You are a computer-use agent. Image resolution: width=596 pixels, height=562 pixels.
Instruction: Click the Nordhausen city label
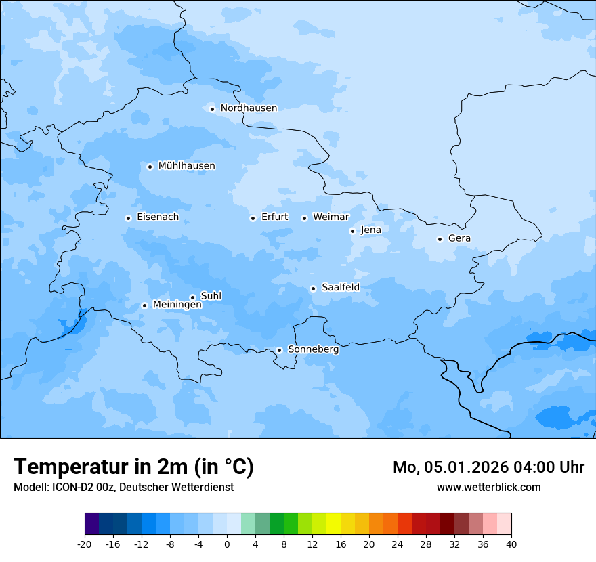pyautogui.click(x=249, y=108)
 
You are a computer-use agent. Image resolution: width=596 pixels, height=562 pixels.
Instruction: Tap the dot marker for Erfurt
pyautogui.click(x=253, y=218)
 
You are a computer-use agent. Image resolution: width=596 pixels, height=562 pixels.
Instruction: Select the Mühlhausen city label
pyautogui.click(x=186, y=166)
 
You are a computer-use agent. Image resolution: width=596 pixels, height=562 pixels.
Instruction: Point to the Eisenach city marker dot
pyautogui.click(x=128, y=218)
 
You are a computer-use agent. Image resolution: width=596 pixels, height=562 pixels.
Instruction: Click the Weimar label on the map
pyautogui.click(x=331, y=217)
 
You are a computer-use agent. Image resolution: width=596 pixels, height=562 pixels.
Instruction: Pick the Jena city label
pyautogui.click(x=370, y=230)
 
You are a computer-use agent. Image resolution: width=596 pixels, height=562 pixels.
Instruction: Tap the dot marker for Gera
pyautogui.click(x=440, y=239)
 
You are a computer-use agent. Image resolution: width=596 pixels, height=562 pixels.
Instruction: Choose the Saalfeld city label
pyautogui.click(x=340, y=288)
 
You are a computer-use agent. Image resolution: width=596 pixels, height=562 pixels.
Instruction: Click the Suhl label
pyautogui.click(x=211, y=296)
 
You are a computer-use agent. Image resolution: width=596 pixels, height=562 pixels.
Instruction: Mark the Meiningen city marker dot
pyautogui.click(x=144, y=305)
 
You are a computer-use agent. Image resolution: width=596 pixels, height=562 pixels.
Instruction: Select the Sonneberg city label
pyautogui.click(x=313, y=349)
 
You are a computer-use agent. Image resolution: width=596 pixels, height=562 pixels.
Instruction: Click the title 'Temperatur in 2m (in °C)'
pyautogui.click(x=133, y=467)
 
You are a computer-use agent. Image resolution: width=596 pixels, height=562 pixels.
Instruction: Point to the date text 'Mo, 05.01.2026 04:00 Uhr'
pyautogui.click(x=488, y=467)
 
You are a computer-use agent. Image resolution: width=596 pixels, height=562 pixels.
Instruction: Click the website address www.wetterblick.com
pyautogui.click(x=488, y=487)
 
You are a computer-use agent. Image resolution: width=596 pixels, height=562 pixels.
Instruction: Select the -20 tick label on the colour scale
pyautogui.click(x=85, y=544)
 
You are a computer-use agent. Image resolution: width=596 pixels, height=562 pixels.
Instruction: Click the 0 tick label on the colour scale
pyautogui.click(x=227, y=544)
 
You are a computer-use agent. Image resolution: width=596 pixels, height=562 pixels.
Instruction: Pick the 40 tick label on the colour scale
pyautogui.click(x=511, y=544)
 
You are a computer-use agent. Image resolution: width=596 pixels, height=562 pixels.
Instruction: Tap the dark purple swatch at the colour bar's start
pyautogui.click(x=92, y=524)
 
